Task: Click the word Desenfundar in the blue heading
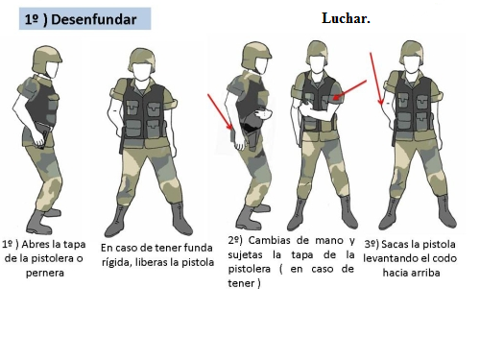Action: pyautogui.click(x=93, y=19)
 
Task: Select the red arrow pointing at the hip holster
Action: pyautogui.click(x=220, y=111)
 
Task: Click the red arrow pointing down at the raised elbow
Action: pyautogui.click(x=376, y=79)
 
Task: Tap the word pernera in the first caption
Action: pyautogui.click(x=45, y=273)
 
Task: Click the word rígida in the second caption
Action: pyautogui.click(x=117, y=262)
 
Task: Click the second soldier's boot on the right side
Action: pyautogui.click(x=180, y=219)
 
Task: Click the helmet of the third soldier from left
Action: pyautogui.click(x=256, y=55)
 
